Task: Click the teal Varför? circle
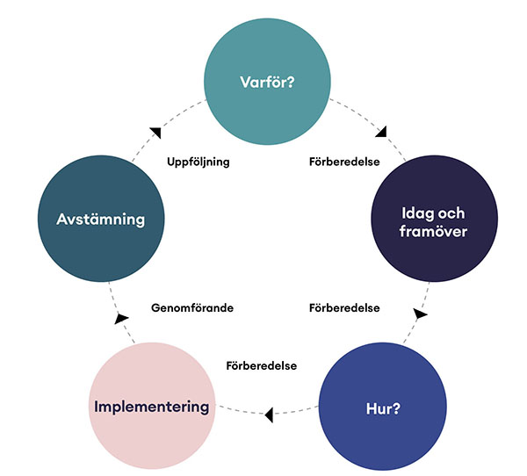click(267, 83)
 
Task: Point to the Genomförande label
click(192, 308)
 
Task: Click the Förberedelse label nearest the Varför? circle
click(344, 162)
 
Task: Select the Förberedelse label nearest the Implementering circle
click(260, 364)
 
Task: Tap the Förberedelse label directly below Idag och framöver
click(344, 308)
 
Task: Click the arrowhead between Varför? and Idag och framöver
click(380, 133)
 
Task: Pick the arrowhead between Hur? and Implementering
click(269, 410)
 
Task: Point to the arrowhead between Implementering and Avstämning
click(121, 314)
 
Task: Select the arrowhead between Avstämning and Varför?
click(155, 133)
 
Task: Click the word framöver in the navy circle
click(434, 233)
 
